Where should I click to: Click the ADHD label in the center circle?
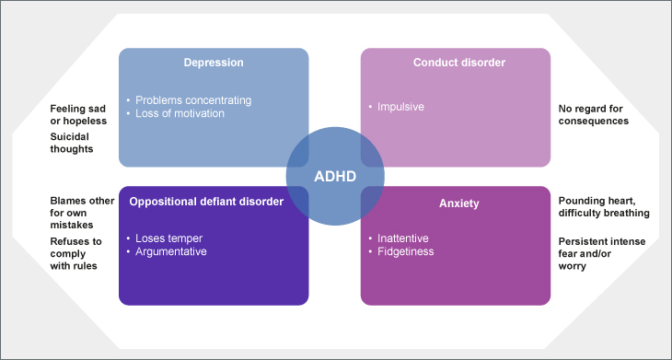(335, 177)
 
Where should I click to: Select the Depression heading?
(214, 63)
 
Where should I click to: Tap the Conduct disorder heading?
(459, 63)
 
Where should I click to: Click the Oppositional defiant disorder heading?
(206, 202)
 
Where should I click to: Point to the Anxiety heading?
(459, 203)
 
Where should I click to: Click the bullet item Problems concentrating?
(193, 100)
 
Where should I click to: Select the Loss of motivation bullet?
(180, 113)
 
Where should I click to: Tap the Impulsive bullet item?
(400, 107)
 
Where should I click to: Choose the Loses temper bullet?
(168, 238)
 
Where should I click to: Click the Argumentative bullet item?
(171, 251)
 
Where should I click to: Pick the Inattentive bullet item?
(403, 238)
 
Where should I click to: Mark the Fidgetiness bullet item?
(405, 251)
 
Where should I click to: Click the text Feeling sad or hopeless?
(78, 115)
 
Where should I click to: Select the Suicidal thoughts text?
(72, 143)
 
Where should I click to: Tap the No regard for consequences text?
(594, 115)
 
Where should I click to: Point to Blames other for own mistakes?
(82, 213)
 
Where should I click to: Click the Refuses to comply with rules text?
(75, 254)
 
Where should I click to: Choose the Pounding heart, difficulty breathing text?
(604, 207)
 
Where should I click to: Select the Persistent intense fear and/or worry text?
(602, 254)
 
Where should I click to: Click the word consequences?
(594, 121)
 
